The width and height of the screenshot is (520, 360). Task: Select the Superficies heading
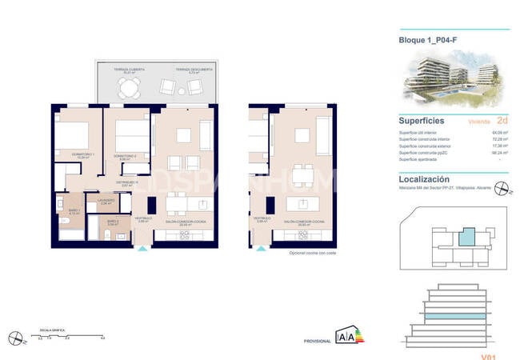click(422, 121)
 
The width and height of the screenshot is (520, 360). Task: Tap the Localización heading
click(424, 180)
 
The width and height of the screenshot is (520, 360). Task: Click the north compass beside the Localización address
click(501, 189)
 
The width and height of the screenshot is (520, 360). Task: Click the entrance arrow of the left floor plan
click(142, 249)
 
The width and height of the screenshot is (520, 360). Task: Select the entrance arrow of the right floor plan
click(262, 249)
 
